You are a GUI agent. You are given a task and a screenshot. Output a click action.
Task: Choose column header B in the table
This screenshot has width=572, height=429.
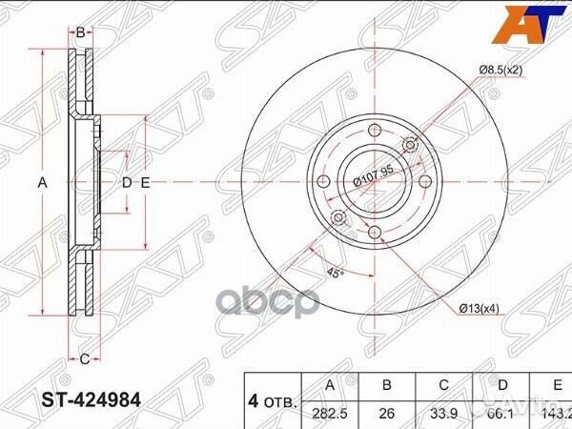(387, 385)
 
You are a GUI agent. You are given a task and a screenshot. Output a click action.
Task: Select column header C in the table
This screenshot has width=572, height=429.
(442, 385)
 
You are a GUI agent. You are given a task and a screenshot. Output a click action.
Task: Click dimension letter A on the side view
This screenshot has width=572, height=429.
(42, 183)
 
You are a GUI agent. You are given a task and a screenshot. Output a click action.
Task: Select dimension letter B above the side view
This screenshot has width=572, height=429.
(81, 32)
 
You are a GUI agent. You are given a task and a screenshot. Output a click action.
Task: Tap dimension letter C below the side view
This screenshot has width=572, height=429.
(83, 358)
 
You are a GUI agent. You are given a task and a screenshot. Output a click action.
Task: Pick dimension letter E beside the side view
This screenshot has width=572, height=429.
(145, 183)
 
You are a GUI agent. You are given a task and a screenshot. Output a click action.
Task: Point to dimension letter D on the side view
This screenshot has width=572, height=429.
(126, 183)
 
